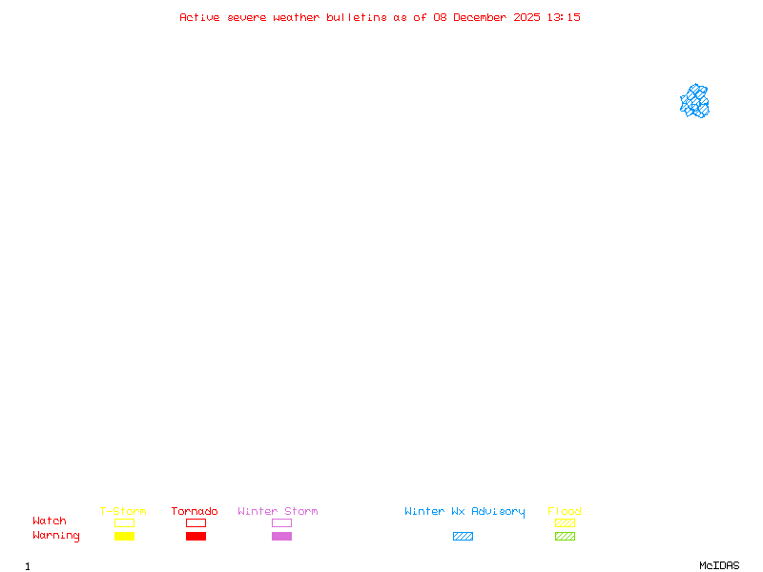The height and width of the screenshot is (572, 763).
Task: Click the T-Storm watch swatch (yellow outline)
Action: [x=124, y=522]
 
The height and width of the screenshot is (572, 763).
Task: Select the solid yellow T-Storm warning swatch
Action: [x=124, y=536]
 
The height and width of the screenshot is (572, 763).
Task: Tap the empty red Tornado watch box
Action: [x=196, y=522]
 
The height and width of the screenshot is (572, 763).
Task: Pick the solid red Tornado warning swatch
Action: [x=196, y=536]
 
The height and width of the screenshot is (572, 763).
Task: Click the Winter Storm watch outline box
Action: [x=281, y=522]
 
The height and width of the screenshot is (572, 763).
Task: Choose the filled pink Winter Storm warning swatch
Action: [x=281, y=536]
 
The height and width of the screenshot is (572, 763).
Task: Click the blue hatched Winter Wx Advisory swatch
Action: [x=463, y=536]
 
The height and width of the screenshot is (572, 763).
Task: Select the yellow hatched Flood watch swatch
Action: [x=565, y=522]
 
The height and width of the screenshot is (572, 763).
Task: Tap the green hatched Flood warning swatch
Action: [x=565, y=536]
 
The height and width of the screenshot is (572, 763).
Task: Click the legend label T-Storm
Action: [x=123, y=511]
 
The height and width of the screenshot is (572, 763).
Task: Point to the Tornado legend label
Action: [x=195, y=511]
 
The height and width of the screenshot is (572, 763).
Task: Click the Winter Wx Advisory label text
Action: [x=464, y=511]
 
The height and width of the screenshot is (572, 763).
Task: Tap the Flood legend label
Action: [x=565, y=511]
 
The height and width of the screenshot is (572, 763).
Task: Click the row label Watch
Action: [x=50, y=521]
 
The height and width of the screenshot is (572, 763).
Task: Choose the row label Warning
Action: [x=56, y=536]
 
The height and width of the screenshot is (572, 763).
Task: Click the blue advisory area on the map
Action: [x=694, y=101]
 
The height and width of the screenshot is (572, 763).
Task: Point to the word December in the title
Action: [x=483, y=17]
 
